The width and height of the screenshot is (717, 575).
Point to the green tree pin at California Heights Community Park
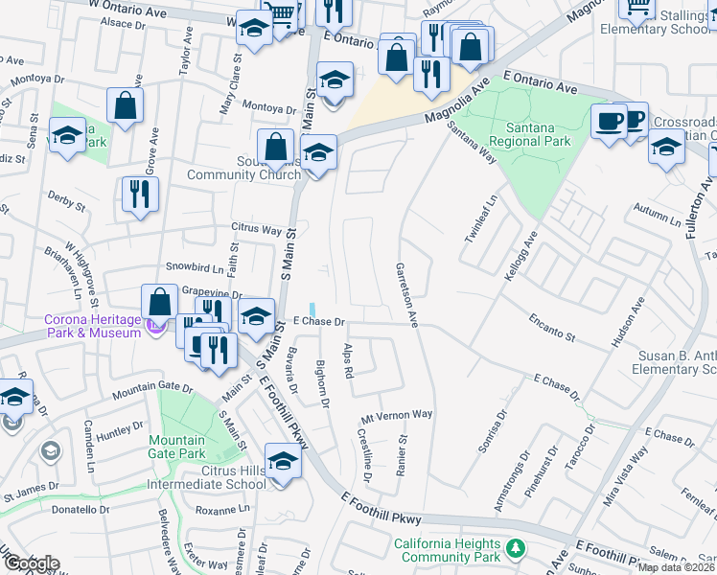click(x=517, y=549)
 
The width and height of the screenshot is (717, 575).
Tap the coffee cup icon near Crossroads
click(x=609, y=121)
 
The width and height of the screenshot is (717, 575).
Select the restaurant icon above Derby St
click(x=140, y=195)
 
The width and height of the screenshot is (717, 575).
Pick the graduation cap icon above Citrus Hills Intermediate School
click(x=283, y=462)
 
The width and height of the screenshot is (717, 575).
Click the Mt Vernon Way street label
click(x=397, y=415)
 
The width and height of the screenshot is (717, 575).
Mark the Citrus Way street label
click(x=256, y=230)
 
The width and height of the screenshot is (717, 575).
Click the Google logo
click(x=31, y=563)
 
